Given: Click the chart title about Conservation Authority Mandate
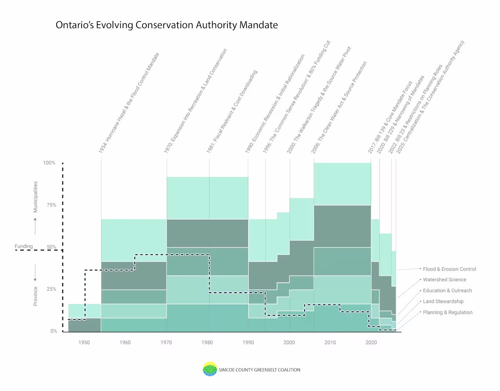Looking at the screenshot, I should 167,25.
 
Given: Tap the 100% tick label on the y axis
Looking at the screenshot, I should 49,163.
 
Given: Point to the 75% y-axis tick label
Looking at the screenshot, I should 51,205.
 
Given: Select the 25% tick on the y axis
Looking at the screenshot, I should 51,289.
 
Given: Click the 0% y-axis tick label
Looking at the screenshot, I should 54,331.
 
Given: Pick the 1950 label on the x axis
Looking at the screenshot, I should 84,342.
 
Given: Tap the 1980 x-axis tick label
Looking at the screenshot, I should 207,342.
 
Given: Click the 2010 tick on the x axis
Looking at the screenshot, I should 330,342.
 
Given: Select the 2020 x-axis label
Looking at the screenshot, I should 371,342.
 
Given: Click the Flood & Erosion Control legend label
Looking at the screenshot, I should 449,269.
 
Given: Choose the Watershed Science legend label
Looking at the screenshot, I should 444,280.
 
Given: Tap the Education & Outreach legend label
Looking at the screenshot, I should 447,290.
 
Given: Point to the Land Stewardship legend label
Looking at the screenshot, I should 443,301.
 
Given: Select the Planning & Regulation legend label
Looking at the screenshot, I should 447,312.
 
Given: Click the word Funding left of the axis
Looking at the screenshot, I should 24,246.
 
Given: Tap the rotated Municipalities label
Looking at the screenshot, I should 35,197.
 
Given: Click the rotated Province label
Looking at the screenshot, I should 35,296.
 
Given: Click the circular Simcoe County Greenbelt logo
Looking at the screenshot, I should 210,369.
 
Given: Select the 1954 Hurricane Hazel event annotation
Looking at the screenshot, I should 129,103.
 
